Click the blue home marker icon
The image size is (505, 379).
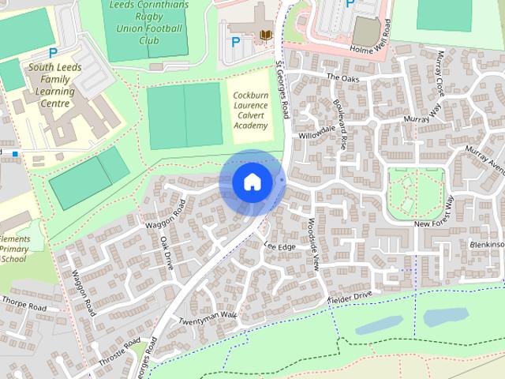(x=252, y=182)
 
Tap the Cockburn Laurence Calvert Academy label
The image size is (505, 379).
(x=251, y=110)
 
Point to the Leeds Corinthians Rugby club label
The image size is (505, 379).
(x=148, y=23)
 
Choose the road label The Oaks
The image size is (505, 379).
(x=342, y=77)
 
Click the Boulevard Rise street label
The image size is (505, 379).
(x=343, y=127)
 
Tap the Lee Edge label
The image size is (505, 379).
(x=280, y=247)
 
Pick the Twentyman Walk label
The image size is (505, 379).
(x=207, y=318)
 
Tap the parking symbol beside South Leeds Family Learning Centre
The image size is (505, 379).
(x=53, y=53)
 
